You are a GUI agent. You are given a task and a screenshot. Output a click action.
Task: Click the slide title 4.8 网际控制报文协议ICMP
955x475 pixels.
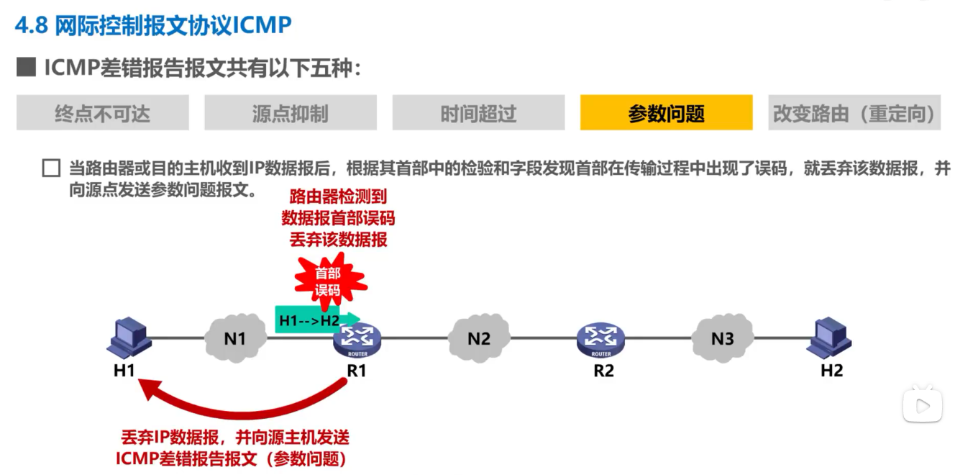153,25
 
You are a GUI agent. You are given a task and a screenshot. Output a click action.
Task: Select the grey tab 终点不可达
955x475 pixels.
102,113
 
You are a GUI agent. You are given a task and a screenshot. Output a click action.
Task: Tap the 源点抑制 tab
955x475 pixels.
290,113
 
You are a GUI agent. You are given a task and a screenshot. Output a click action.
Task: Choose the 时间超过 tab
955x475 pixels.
478,113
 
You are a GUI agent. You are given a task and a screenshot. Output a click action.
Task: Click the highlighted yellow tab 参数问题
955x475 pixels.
666,113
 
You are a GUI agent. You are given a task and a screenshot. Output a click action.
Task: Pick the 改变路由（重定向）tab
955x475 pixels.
854,113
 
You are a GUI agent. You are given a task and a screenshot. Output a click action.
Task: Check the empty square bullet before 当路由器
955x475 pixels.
51,169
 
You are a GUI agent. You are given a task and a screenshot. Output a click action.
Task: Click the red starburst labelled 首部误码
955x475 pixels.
327,281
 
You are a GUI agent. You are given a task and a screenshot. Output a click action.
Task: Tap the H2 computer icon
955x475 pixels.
830,338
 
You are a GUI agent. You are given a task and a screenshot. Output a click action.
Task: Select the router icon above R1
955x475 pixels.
357,338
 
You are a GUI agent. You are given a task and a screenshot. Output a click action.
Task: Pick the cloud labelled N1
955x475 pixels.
234,338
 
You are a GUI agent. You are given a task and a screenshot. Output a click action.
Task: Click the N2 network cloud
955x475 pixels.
478,338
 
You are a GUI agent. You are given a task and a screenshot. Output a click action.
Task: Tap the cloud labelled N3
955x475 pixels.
722,338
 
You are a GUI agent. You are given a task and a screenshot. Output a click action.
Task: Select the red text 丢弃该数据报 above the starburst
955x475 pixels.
338,240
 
